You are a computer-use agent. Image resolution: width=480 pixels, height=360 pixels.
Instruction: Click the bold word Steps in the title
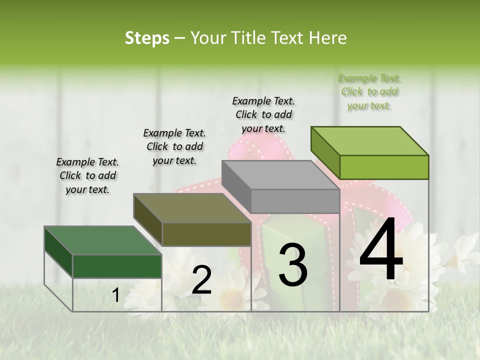tap(147, 38)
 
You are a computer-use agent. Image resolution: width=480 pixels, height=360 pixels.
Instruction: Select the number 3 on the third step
tap(292, 264)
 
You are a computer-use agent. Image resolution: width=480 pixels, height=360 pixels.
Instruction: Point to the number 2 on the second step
tap(201, 279)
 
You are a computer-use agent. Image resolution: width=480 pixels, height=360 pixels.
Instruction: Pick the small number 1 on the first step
tap(115, 295)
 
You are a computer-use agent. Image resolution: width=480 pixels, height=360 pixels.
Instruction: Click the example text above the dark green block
tap(87, 175)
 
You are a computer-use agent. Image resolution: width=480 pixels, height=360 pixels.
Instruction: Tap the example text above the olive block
tap(174, 146)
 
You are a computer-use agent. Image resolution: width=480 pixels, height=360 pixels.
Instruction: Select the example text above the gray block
tap(263, 114)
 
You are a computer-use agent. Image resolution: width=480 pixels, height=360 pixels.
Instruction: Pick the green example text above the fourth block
tap(369, 91)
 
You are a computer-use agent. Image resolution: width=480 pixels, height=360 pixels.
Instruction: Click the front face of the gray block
tap(295, 201)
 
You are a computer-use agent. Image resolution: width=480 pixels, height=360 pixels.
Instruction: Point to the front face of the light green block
tap(384, 167)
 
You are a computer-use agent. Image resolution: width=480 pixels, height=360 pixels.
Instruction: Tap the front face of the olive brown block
tap(206, 234)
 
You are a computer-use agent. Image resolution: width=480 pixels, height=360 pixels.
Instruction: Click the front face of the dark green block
tap(117, 266)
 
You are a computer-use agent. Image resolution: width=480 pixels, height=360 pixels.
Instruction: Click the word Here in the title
tap(328, 38)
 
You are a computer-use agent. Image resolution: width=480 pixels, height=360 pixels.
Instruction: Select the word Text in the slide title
tap(290, 38)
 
